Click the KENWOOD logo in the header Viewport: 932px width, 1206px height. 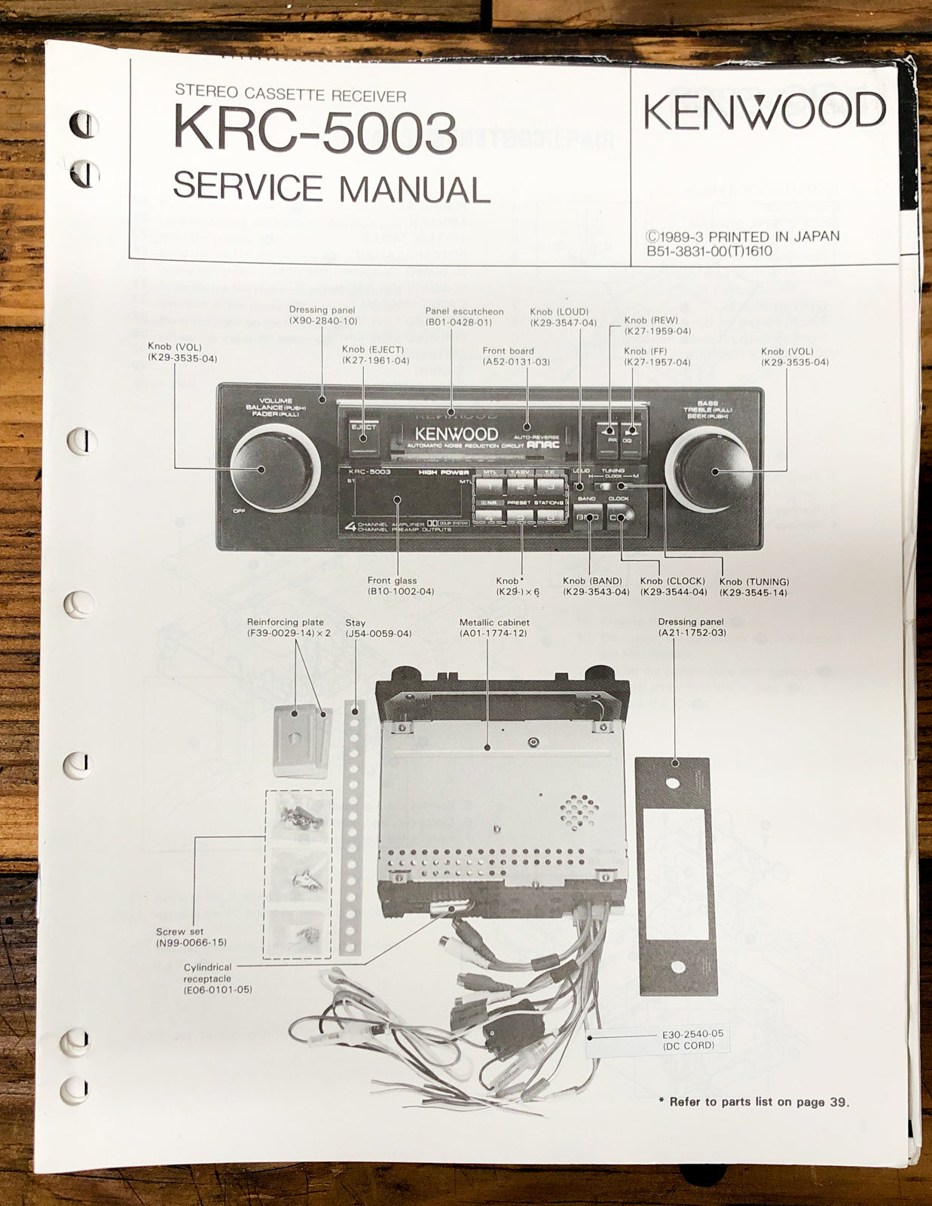coord(763,112)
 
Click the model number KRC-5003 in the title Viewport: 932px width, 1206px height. coord(315,131)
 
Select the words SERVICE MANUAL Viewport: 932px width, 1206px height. coord(332,188)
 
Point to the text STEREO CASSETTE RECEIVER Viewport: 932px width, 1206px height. coord(290,93)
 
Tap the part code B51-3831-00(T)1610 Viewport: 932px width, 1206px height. coord(709,251)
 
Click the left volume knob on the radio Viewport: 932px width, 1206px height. coord(261,470)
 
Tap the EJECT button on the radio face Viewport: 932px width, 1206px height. coord(363,433)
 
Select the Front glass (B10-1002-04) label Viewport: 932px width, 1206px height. coord(401,586)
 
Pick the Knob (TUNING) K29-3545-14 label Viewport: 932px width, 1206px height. coord(753,587)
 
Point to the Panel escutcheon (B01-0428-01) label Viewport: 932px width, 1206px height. coord(463,317)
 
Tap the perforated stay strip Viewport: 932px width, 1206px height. coord(351,825)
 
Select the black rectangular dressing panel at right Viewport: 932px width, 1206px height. coord(675,877)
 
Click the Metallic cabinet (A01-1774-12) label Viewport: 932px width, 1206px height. coord(494,628)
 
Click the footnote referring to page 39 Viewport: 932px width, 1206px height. coord(753,1102)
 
